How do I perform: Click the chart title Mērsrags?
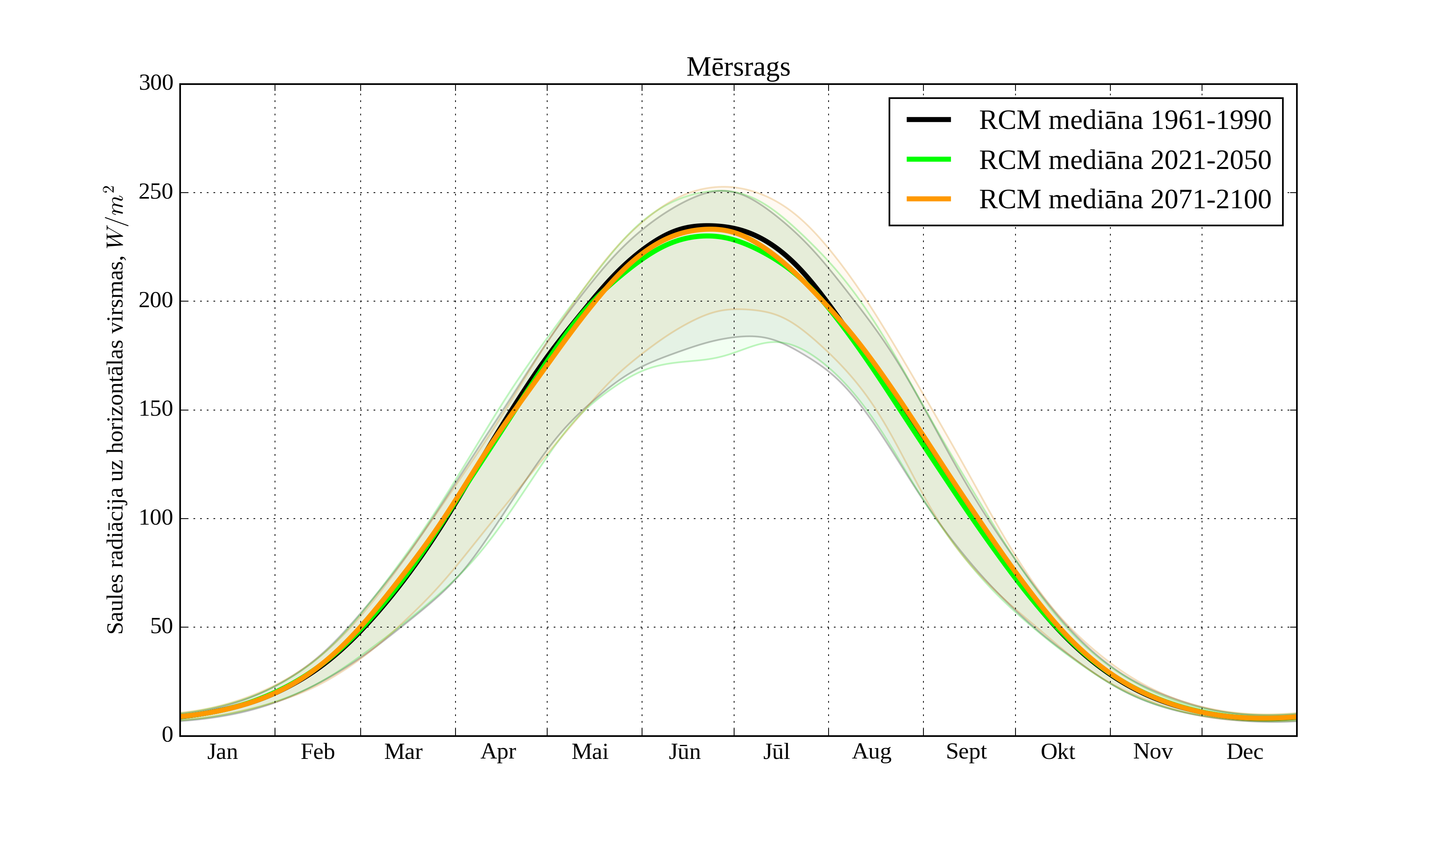[x=738, y=68]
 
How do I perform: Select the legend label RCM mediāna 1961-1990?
[x=1125, y=120]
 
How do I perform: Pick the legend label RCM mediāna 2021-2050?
[x=1125, y=160]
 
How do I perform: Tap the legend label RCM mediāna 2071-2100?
[x=1125, y=200]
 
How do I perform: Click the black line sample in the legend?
[x=929, y=120]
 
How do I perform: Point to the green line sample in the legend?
[x=929, y=160]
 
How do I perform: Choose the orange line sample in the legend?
[x=929, y=199]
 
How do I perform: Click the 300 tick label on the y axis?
[x=156, y=84]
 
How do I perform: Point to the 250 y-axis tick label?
[x=156, y=192]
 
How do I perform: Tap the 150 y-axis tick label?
[x=156, y=410]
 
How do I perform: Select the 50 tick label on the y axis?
[x=162, y=627]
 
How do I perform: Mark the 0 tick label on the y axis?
[x=168, y=735]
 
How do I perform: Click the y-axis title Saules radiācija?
[x=116, y=410]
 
